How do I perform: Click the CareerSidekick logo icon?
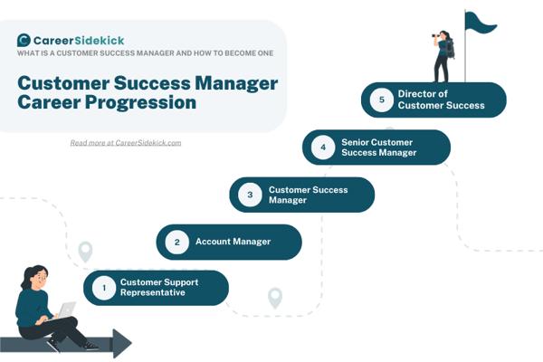[24, 40]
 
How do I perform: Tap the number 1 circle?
[104, 288]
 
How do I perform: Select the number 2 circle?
[177, 243]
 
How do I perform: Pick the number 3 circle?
[250, 195]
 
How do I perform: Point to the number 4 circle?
[323, 148]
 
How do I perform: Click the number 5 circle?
[382, 100]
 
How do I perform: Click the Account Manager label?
[233, 242]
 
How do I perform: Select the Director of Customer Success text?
[442, 100]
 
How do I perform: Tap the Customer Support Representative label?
[159, 287]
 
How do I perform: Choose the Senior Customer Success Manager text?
[379, 148]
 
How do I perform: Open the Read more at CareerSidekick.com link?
[126, 143]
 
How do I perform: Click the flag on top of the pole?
[480, 22]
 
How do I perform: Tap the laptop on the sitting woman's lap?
[66, 310]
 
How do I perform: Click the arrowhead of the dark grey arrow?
[122, 343]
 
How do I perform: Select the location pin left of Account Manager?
[85, 252]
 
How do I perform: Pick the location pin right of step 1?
[275, 298]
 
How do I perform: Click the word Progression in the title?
[140, 103]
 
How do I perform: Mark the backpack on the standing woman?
[450, 49]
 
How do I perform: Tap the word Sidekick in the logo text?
[100, 41]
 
